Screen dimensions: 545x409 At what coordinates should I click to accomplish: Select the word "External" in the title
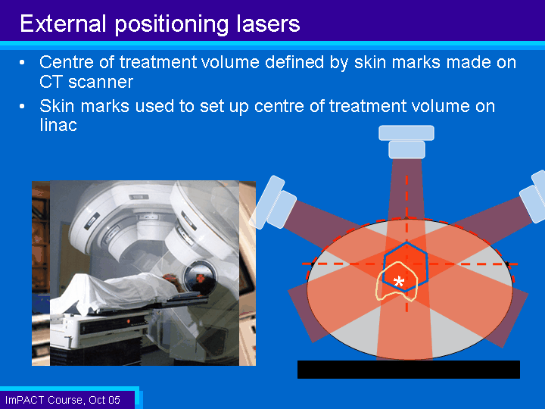(x=63, y=23)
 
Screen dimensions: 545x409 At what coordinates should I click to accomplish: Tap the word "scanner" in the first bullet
(x=101, y=82)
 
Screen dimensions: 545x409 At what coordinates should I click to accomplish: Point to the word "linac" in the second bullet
(x=58, y=125)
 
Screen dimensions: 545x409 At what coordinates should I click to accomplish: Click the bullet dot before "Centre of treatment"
(x=22, y=63)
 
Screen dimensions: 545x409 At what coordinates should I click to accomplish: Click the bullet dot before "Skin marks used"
(x=22, y=107)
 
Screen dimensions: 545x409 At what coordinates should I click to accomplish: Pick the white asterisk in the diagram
(x=399, y=281)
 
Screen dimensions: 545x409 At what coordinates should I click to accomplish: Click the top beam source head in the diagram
(x=406, y=142)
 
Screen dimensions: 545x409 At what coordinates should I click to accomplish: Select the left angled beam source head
(x=272, y=203)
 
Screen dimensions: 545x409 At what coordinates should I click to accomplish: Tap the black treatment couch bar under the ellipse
(x=409, y=370)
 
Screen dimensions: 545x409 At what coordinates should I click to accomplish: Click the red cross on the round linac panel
(x=201, y=279)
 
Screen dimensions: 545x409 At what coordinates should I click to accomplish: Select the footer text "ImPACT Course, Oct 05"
(x=63, y=400)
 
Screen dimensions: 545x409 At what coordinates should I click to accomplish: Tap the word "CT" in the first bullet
(x=51, y=82)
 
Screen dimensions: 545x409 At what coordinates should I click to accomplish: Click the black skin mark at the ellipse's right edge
(x=507, y=264)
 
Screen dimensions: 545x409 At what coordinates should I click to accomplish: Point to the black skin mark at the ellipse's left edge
(x=312, y=264)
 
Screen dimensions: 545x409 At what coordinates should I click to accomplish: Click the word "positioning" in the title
(x=172, y=24)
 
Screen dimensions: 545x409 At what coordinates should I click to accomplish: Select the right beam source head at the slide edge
(x=534, y=196)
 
